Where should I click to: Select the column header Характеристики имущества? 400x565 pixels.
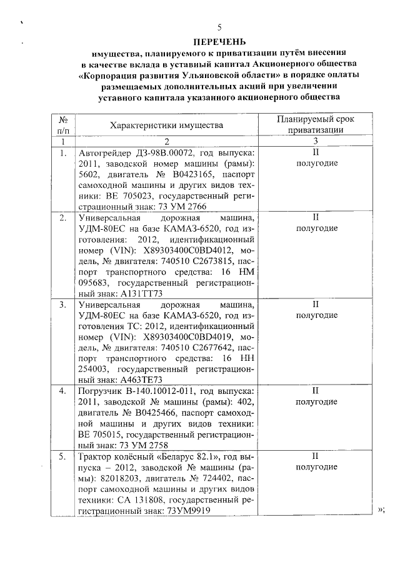click(166, 125)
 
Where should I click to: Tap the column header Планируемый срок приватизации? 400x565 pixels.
click(315, 125)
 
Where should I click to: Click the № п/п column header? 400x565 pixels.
click(62, 125)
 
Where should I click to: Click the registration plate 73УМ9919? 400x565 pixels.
click(187, 510)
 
